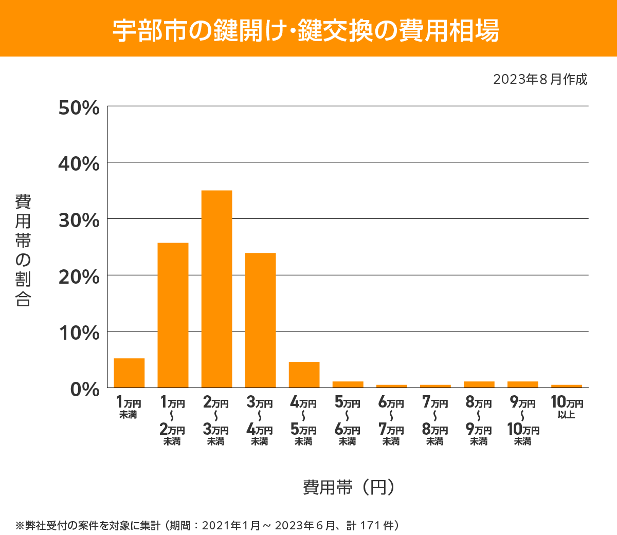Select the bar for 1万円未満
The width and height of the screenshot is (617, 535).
click(x=129, y=373)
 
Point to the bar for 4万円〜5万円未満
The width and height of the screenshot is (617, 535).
click(x=304, y=375)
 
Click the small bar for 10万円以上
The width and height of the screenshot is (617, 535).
click(x=566, y=386)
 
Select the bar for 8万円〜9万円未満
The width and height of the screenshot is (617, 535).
click(x=479, y=384)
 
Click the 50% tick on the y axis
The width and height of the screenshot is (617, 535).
click(x=79, y=108)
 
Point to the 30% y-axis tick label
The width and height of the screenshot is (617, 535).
click(x=79, y=220)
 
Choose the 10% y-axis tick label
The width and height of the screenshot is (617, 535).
click(x=79, y=333)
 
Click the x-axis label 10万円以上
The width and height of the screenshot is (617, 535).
click(x=567, y=408)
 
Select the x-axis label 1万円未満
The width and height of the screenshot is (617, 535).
click(x=129, y=408)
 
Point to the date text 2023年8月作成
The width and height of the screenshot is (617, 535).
click(x=540, y=80)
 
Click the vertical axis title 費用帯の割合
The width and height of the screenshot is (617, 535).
click(x=23, y=250)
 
